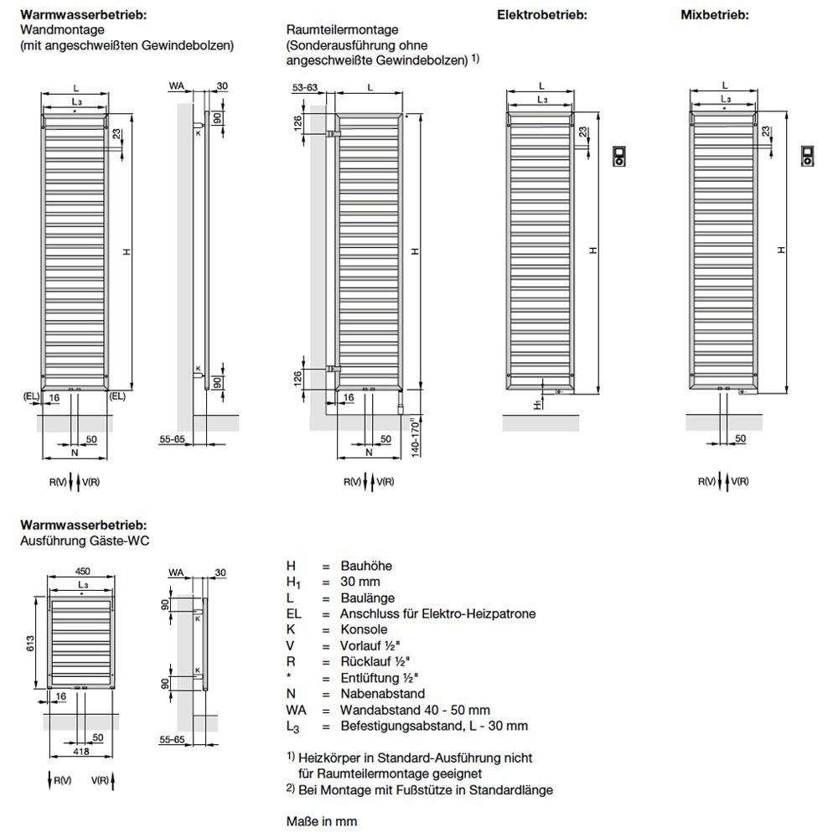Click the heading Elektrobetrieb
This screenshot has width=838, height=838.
pyautogui.click(x=542, y=15)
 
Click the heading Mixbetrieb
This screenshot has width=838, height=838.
pyautogui.click(x=715, y=15)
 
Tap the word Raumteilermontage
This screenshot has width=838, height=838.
pyautogui.click(x=342, y=30)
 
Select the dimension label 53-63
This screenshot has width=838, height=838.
pyautogui.click(x=305, y=87)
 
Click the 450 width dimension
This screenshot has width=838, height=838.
pyautogui.click(x=82, y=572)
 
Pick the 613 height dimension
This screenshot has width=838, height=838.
pyautogui.click(x=30, y=643)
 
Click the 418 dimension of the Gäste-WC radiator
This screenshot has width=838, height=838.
pyautogui.click(x=80, y=751)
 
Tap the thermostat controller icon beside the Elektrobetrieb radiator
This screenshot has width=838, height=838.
pyautogui.click(x=619, y=156)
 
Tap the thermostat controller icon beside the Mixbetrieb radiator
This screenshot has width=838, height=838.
pyautogui.click(x=808, y=156)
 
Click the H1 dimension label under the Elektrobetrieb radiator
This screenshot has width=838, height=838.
pyautogui.click(x=538, y=405)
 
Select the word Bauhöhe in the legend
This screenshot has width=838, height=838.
pyautogui.click(x=366, y=566)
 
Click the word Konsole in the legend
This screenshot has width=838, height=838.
pyautogui.click(x=364, y=629)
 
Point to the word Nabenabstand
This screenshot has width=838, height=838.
pyautogui.click(x=383, y=694)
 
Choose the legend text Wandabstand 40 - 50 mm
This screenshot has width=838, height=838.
pyautogui.click(x=416, y=711)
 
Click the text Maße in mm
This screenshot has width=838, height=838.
pyautogui.click(x=322, y=821)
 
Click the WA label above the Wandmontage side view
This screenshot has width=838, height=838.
pyautogui.click(x=176, y=86)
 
